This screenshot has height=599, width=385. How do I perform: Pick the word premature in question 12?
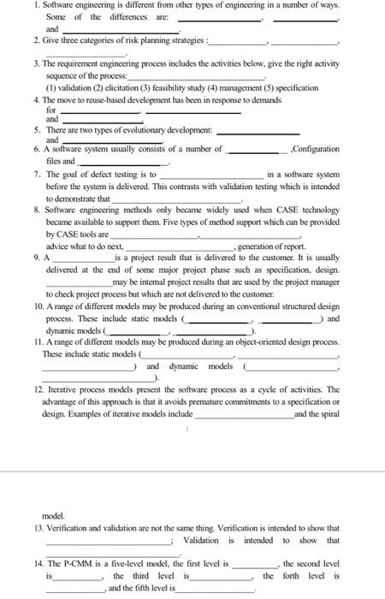[x=188, y=400]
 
